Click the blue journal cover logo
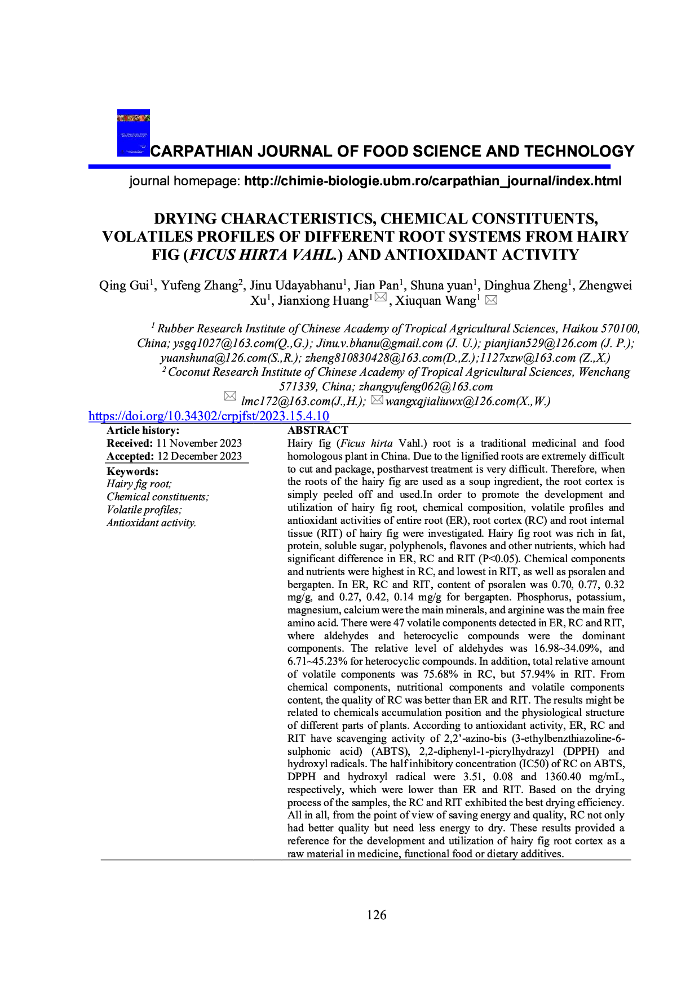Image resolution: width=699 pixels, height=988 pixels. pos(134,133)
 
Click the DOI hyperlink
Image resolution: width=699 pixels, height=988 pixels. pos(209,416)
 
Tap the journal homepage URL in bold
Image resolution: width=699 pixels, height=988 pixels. pos(432,181)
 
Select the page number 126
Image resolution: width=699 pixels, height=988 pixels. pos(377,915)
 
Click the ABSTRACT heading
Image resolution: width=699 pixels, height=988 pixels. pos(318,430)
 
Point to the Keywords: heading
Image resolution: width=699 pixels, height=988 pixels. pos(132,471)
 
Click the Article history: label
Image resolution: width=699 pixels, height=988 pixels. pos(143,430)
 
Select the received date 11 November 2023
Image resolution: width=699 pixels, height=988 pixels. pos(199,443)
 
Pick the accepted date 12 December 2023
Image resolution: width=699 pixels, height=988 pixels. pos(200,456)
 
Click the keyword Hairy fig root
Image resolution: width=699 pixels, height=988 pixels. pos(139,484)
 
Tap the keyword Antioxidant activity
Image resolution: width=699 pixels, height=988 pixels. pos(152,523)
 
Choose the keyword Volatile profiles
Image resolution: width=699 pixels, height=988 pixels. pos(144,510)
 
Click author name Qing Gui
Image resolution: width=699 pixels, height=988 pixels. pos(124,286)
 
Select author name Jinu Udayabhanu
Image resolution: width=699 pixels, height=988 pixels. pos(296,286)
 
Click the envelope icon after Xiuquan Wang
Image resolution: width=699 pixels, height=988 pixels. pos(491,300)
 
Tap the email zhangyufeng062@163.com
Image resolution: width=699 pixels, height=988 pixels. pos(426,387)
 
